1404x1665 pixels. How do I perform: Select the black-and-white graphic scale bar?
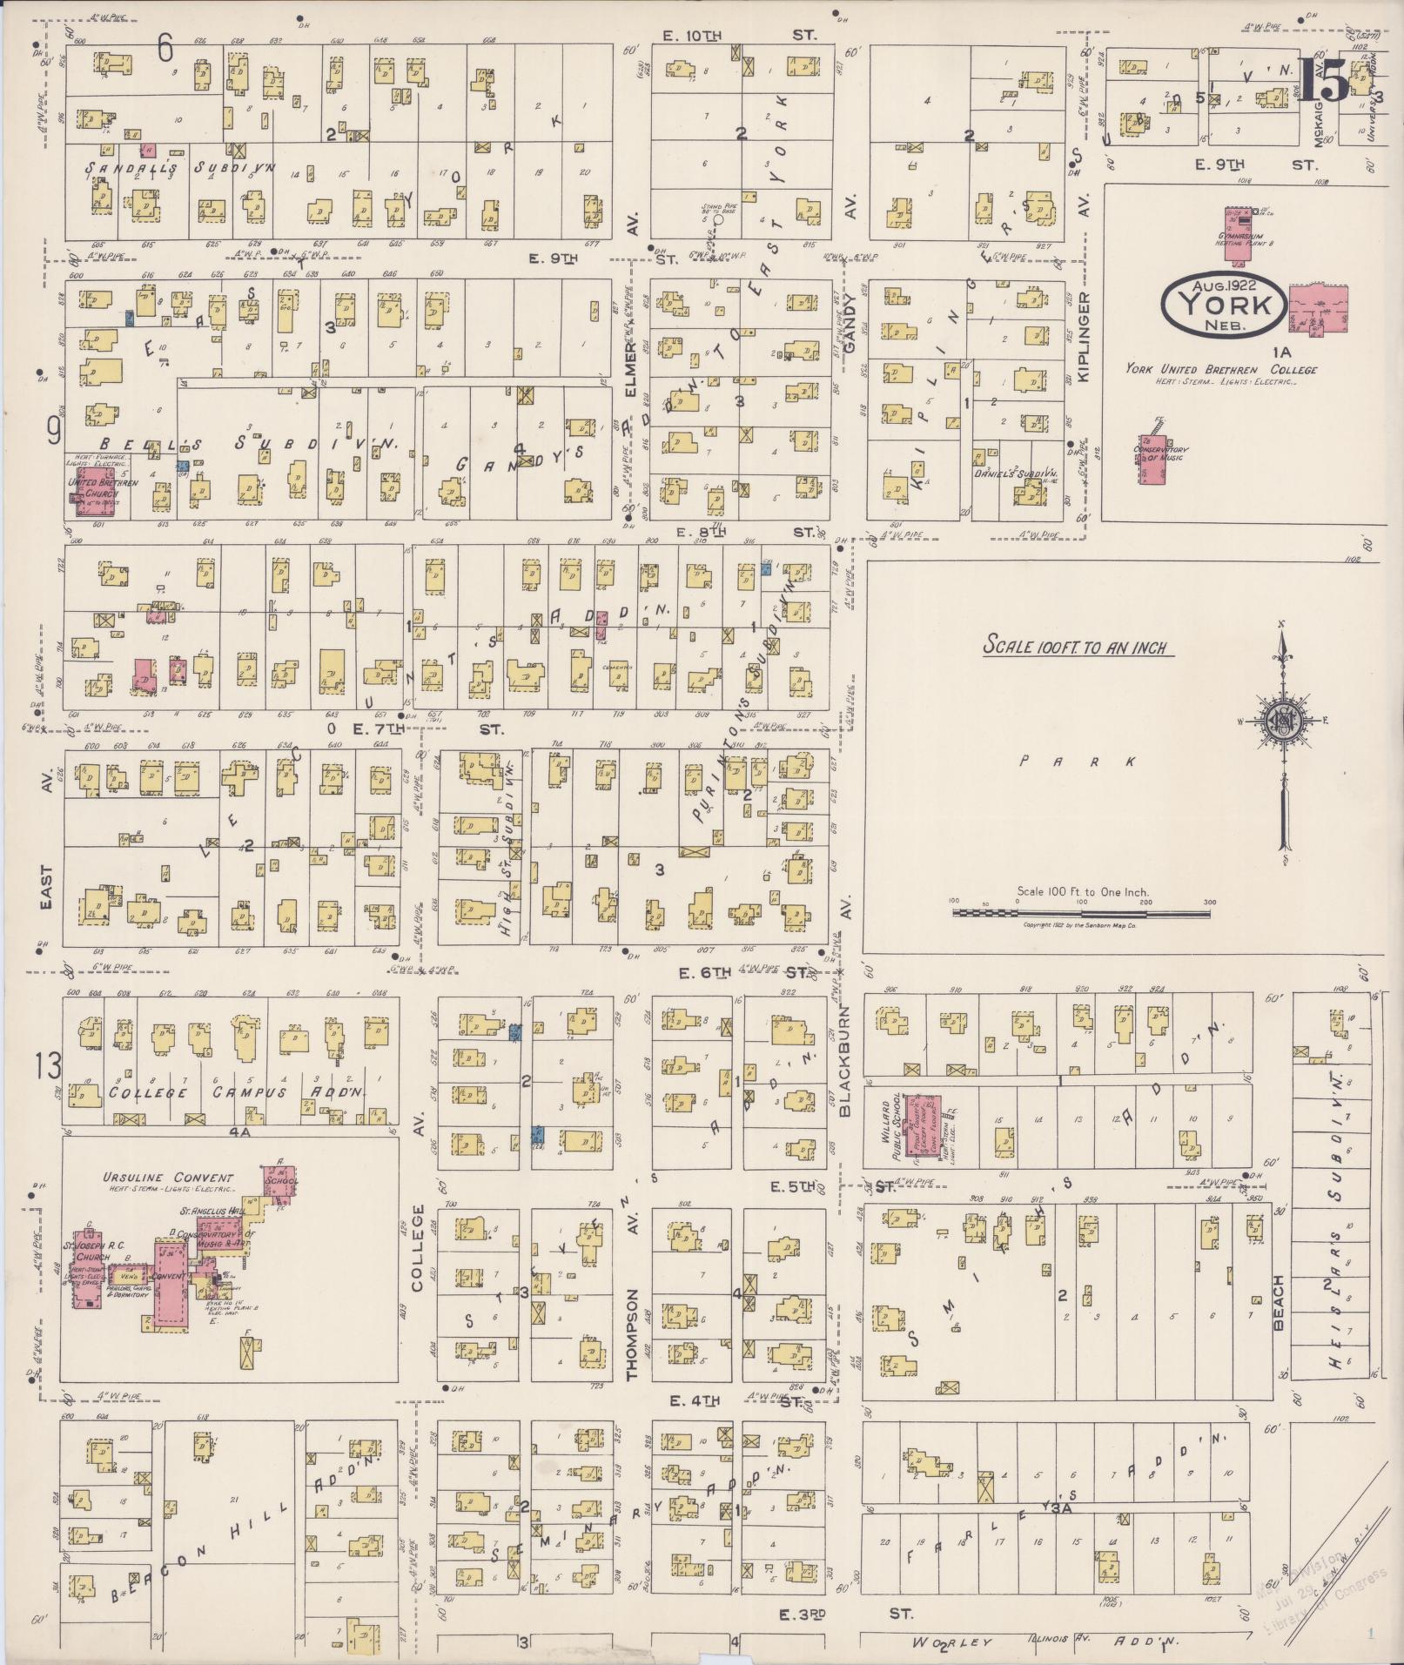(x=1080, y=913)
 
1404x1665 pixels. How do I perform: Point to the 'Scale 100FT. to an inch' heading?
(x=1074, y=648)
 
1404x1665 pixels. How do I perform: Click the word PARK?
(x=1078, y=762)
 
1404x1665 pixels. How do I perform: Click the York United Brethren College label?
(x=1220, y=369)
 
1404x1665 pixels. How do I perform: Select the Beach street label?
(x=1279, y=1302)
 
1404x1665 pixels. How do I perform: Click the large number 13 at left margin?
(x=48, y=1064)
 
